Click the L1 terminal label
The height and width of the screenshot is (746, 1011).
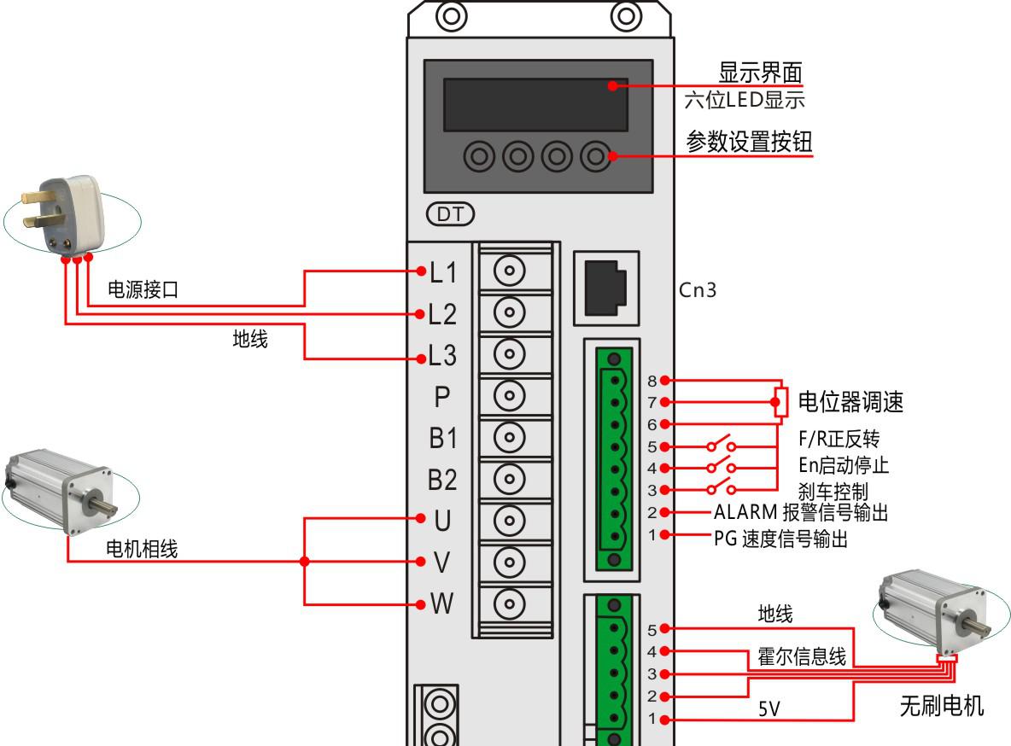tap(443, 273)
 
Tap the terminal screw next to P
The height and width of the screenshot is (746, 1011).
tap(510, 395)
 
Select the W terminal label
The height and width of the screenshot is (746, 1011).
tap(441, 604)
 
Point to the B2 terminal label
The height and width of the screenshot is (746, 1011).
tap(442, 480)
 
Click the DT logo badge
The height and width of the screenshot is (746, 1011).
tap(449, 214)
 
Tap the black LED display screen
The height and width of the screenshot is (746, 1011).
tap(535, 104)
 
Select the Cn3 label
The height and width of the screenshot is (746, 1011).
tap(698, 289)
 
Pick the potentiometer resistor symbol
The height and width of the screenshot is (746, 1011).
tap(780, 402)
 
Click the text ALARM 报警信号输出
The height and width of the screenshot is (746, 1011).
tap(801, 513)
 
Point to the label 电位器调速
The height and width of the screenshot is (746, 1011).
tap(850, 401)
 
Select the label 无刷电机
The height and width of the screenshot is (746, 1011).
tap(942, 706)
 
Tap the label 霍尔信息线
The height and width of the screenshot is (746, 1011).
tap(802, 657)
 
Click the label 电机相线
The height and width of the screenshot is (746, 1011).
tap(141, 550)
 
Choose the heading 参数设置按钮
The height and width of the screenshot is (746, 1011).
tap(750, 143)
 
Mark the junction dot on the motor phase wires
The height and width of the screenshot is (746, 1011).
tap(305, 562)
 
